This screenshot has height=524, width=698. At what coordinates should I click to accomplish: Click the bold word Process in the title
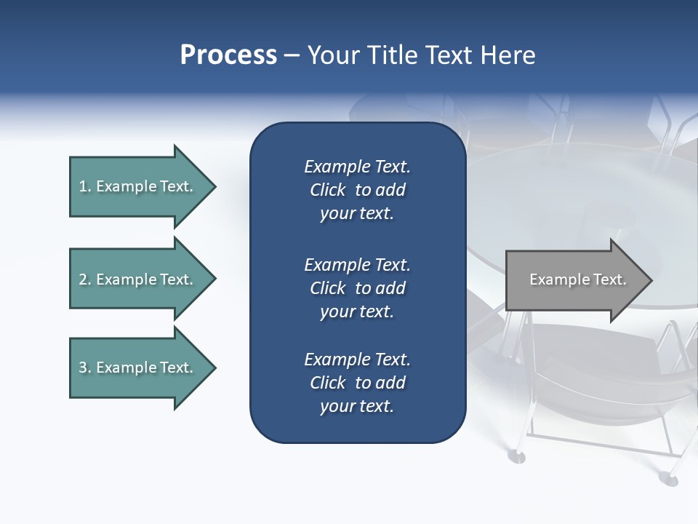[228, 55]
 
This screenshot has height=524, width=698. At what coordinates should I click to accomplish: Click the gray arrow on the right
[574, 280]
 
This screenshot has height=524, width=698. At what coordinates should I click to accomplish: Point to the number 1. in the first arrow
[85, 186]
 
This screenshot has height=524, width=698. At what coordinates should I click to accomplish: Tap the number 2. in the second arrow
[85, 279]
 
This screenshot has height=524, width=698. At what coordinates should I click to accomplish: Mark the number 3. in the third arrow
[85, 368]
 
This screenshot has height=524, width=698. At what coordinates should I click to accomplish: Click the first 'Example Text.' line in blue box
[357, 167]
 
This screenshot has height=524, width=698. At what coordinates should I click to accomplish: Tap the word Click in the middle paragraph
[327, 288]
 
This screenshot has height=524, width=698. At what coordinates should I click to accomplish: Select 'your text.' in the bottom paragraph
[357, 406]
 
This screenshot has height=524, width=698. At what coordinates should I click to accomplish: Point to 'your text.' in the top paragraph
[357, 213]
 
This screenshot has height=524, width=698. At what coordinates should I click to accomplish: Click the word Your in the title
[330, 55]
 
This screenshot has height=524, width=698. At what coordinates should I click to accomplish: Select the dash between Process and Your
[292, 56]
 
